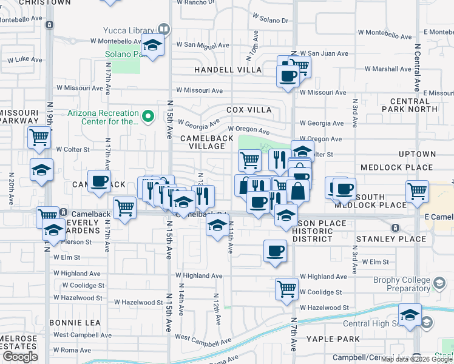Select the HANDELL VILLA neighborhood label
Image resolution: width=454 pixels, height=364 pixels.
click(228, 70)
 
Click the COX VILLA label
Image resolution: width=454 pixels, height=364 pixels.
click(249, 110)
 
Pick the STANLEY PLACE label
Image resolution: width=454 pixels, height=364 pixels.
click(391, 239)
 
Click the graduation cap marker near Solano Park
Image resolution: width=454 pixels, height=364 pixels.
click(152, 45)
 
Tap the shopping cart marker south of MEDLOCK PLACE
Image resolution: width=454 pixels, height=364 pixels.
click(417, 191)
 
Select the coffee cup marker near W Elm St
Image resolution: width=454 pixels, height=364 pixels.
click(275, 251)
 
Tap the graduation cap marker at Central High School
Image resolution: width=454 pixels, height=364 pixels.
click(410, 315)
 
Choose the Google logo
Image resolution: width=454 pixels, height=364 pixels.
click(19, 357)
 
